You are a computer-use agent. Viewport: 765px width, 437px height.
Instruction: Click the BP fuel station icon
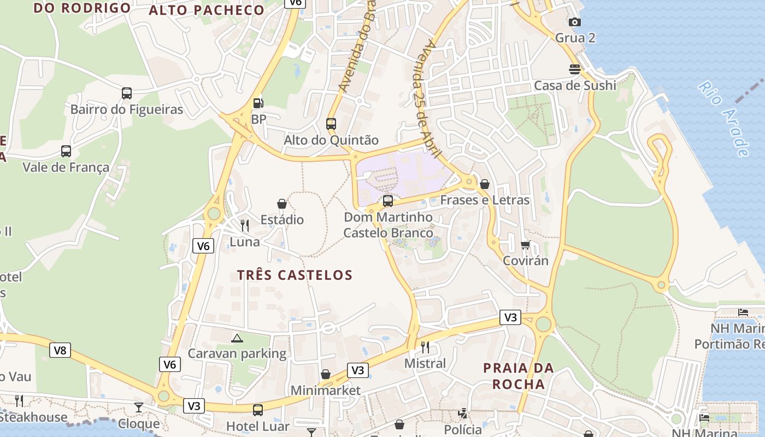tap(258, 103)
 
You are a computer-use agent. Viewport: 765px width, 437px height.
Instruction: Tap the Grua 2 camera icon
tap(574, 22)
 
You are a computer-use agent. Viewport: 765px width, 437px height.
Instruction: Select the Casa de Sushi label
tap(575, 85)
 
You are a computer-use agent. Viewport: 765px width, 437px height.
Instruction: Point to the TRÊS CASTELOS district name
tap(295, 275)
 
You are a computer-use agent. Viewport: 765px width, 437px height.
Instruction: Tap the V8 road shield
tap(60, 350)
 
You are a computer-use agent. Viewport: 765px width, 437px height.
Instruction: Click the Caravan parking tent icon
tap(237, 338)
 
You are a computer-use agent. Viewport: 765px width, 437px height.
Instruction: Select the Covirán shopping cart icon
tap(526, 244)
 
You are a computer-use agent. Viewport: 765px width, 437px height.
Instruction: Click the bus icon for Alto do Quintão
tap(331, 124)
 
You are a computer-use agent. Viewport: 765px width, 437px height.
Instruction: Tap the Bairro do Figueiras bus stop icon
tap(127, 93)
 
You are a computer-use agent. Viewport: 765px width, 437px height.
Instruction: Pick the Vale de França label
tap(66, 167)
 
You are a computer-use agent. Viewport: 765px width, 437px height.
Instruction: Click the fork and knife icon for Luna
tap(245, 225)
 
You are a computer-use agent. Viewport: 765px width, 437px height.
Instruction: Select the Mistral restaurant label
tap(425, 363)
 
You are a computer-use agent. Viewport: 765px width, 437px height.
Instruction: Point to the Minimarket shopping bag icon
tap(326, 374)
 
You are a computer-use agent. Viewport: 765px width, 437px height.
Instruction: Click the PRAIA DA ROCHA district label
tap(519, 376)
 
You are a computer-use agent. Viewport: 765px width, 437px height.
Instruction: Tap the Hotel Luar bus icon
tap(257, 410)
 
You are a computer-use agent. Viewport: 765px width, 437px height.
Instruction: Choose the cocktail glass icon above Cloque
tap(139, 408)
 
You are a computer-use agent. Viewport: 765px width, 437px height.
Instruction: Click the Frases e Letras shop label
tap(485, 200)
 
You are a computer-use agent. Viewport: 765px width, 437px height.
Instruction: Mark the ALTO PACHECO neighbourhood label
tap(207, 10)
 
